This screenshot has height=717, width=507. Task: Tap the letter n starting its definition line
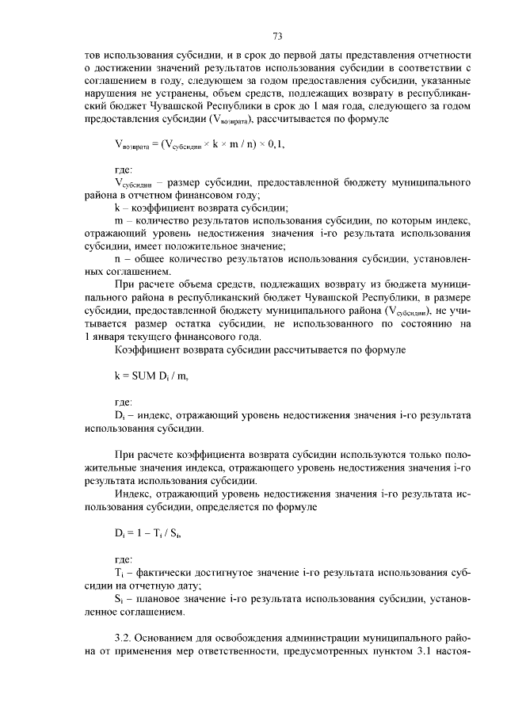click(118, 259)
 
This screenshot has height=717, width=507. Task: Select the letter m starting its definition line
click(119, 221)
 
